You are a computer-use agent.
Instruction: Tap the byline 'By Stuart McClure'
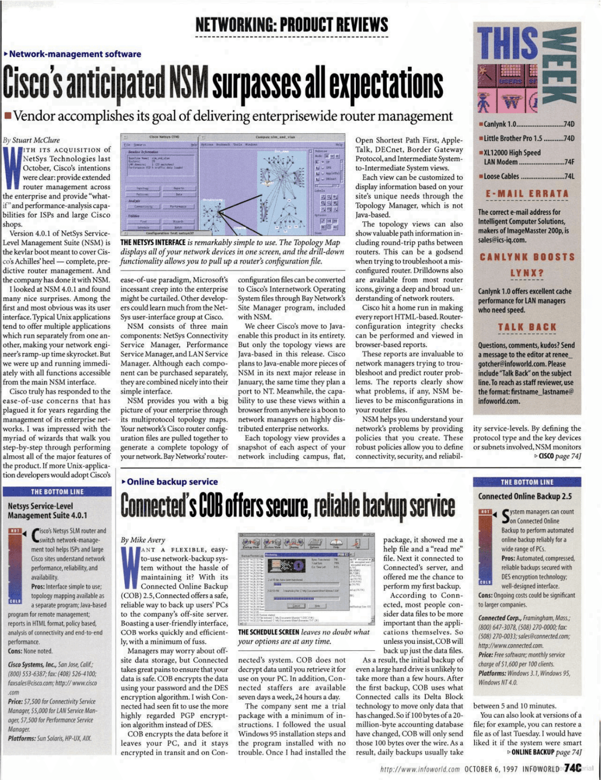tap(31, 140)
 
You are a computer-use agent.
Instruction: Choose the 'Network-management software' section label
tap(74, 54)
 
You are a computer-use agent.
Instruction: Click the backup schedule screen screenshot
tap(306, 579)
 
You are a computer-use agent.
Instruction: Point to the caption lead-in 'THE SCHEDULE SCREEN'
tap(269, 632)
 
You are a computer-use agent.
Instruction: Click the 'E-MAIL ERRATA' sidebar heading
tap(527, 194)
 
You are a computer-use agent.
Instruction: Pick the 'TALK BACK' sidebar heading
tap(527, 328)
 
